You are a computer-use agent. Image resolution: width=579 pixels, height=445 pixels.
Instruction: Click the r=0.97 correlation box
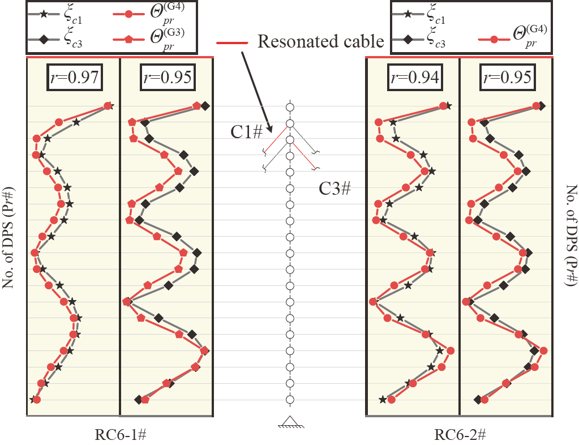click(74, 77)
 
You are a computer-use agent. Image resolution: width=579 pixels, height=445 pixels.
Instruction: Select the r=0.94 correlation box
click(414, 77)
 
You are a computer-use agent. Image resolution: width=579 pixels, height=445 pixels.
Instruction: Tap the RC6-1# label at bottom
click(121, 435)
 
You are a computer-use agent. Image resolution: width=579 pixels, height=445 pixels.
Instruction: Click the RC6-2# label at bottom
click(461, 435)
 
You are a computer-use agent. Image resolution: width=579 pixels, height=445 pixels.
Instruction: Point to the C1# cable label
click(246, 132)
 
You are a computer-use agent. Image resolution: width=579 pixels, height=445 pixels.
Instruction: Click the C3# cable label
click(334, 189)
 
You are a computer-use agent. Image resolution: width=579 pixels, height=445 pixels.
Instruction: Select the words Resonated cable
click(321, 41)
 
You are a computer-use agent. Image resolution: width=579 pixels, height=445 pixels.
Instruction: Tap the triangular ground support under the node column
click(289, 422)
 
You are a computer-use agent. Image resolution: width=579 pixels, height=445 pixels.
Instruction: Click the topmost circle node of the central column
click(289, 106)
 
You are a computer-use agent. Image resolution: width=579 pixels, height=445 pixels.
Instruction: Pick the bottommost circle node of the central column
click(289, 400)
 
